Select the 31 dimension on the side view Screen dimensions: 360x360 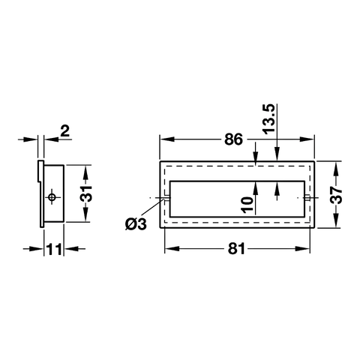pyautogui.click(x=87, y=194)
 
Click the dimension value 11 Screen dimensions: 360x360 pyautogui.click(x=52, y=250)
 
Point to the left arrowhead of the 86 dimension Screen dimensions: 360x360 pyautogui.click(x=163, y=139)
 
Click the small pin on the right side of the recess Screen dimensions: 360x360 pyautogui.click(x=308, y=198)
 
